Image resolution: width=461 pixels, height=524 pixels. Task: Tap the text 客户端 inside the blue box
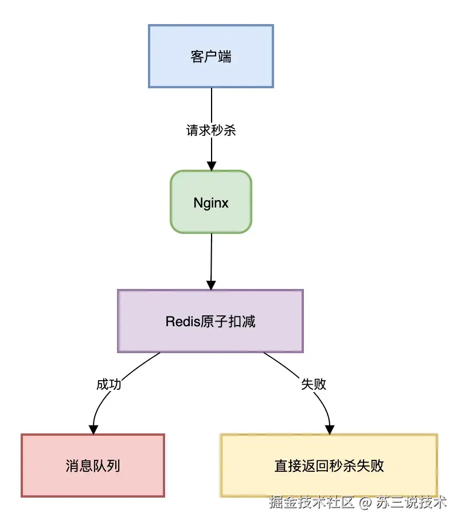210,56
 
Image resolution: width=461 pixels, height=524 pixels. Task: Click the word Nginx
210,203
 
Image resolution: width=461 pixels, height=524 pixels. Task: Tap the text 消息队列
93,465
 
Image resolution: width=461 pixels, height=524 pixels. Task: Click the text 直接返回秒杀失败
329,466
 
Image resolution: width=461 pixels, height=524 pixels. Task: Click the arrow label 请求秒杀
211,130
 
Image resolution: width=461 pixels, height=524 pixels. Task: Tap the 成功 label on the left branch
108,384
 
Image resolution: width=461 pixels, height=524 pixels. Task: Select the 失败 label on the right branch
314,384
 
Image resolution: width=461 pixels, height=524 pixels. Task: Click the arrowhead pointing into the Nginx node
212,166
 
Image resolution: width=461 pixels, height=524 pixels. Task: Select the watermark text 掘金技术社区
312,503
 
